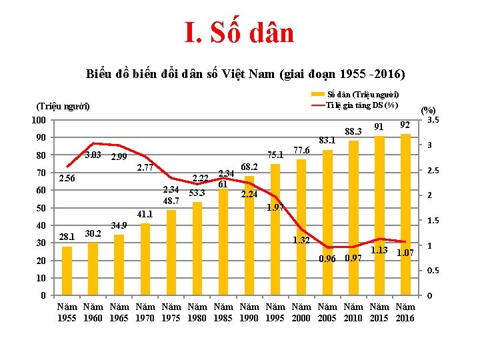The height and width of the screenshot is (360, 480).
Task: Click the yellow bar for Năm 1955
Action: pos(67,271)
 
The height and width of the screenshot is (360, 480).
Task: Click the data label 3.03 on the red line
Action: pos(93,155)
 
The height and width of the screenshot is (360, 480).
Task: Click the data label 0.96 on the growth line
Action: pos(327,259)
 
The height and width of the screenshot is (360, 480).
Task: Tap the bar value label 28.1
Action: pos(67,237)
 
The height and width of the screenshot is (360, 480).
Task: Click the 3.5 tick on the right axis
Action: pos(433,121)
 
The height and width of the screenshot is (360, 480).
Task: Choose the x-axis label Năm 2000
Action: pos(301,312)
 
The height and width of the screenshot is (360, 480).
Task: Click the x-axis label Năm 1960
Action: pos(93,312)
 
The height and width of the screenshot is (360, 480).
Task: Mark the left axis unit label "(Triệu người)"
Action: pos(63,107)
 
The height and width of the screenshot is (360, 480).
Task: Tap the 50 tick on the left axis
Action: pos(42,208)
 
